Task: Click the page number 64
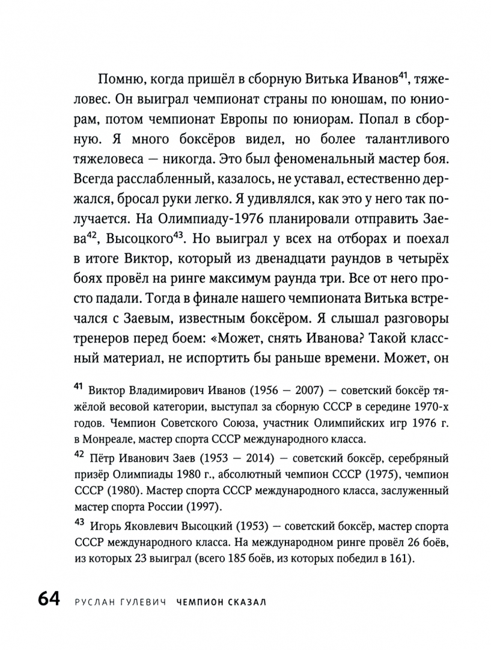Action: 47,601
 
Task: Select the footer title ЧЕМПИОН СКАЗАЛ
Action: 222,602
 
